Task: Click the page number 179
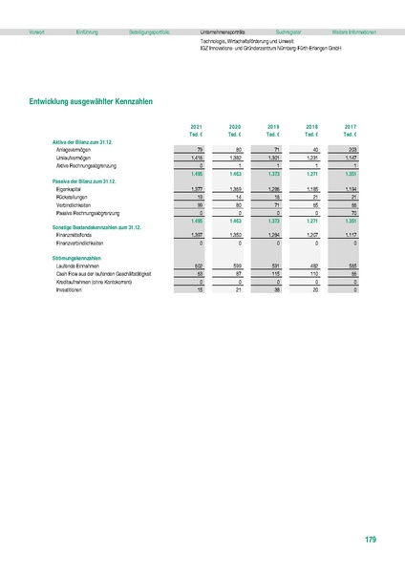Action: point(371,541)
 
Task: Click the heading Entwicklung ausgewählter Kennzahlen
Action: point(93,100)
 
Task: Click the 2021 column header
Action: point(196,126)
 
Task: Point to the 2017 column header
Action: point(350,126)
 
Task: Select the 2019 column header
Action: point(273,126)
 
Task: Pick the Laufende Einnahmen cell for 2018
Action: point(311,265)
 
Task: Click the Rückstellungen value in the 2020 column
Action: point(235,199)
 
